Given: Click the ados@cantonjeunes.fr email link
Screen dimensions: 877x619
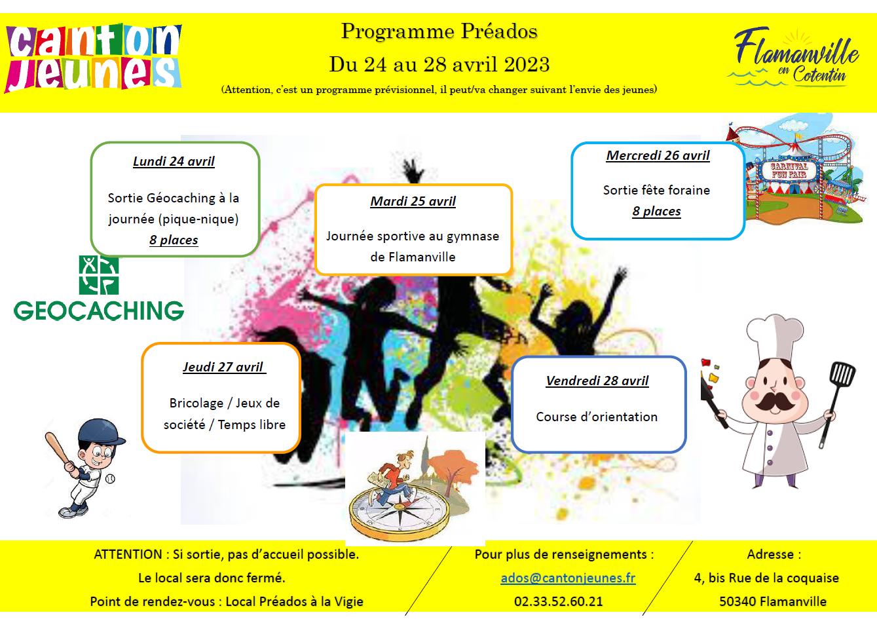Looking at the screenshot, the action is pyautogui.click(x=568, y=578).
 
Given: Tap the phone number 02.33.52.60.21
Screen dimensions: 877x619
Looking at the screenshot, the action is pyautogui.click(x=558, y=601).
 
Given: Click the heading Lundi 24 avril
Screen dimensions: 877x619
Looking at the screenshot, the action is pyautogui.click(x=174, y=161).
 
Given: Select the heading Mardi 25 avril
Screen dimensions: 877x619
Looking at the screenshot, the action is pyautogui.click(x=413, y=201).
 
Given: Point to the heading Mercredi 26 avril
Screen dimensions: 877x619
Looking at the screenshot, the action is pyautogui.click(x=658, y=155).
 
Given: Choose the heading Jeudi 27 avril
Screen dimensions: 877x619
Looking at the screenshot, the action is pyautogui.click(x=224, y=367).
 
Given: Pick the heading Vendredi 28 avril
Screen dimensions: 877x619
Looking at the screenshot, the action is pyautogui.click(x=597, y=381).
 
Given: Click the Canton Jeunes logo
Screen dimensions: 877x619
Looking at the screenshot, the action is pyautogui.click(x=93, y=58).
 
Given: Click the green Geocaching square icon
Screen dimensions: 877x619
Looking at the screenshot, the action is pyautogui.click(x=99, y=275).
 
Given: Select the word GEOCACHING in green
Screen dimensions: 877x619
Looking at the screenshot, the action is pyautogui.click(x=99, y=311).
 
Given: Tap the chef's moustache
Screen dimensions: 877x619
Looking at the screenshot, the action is pyautogui.click(x=774, y=402).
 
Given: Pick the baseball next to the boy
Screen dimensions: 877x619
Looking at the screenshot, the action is pyautogui.click(x=111, y=478).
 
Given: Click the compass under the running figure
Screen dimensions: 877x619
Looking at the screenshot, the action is pyautogui.click(x=400, y=515).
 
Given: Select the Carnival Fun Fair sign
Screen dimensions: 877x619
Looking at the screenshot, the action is pyautogui.click(x=789, y=171).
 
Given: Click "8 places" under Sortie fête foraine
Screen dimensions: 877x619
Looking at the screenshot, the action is pyautogui.click(x=656, y=211).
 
